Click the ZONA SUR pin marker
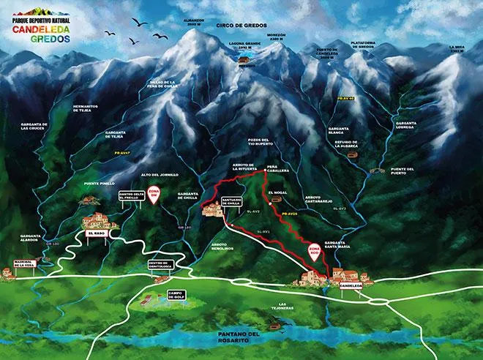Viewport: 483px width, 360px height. [x=154, y=195]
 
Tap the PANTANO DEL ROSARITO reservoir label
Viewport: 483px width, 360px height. [x=239, y=337]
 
